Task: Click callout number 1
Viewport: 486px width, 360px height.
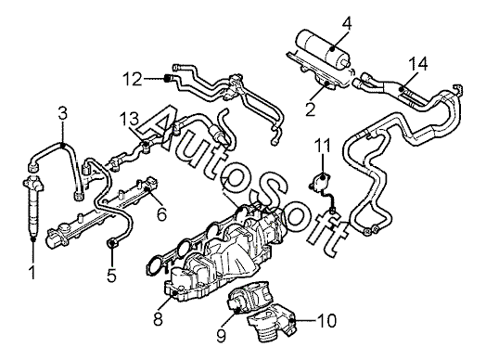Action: point(32,272)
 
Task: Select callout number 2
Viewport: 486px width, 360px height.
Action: point(310,109)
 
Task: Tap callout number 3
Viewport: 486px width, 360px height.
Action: point(63,113)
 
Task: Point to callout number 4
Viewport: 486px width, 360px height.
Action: point(347,23)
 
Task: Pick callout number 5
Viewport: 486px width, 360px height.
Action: point(111,275)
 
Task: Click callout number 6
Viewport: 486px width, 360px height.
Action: point(161,213)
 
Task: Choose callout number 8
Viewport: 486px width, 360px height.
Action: point(158,318)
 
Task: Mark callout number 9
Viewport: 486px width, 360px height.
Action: point(221,335)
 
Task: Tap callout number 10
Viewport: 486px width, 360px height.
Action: point(327,321)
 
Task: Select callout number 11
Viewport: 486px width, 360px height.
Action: point(322,146)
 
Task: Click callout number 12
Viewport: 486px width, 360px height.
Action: point(133,79)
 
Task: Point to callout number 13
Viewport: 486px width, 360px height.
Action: point(130,120)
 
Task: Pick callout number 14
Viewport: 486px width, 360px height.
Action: point(417,64)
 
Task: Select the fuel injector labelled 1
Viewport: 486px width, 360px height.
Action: point(32,207)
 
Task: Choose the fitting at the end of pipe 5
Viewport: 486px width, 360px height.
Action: point(111,241)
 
